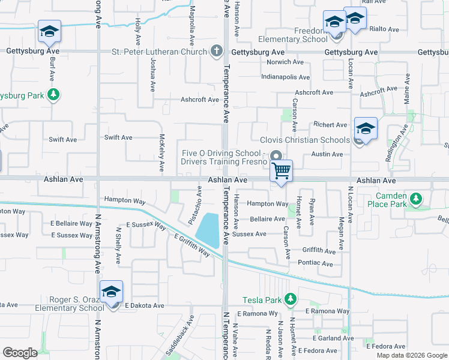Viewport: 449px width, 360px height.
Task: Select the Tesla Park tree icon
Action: (x=291, y=299)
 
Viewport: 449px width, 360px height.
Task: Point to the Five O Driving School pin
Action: (x=276, y=156)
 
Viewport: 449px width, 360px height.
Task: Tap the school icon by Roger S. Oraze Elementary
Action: (x=111, y=293)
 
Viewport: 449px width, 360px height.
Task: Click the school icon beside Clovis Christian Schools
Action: (x=366, y=128)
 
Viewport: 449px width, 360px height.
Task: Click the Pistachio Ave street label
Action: (x=195, y=205)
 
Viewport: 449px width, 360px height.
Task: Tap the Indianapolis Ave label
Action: (x=285, y=77)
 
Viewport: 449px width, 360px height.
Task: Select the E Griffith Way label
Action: (x=192, y=246)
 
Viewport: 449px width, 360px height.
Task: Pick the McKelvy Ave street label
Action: (x=161, y=152)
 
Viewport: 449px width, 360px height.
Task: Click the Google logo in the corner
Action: (x=20, y=353)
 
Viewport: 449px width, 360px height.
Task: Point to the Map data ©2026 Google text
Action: (x=411, y=355)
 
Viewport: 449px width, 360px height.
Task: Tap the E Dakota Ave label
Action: (x=145, y=305)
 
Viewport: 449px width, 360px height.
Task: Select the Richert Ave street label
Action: (x=330, y=125)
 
